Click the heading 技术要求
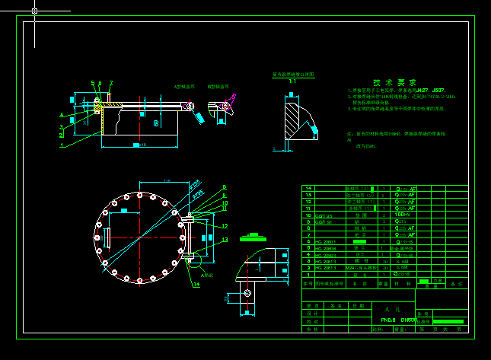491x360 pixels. (x=394, y=82)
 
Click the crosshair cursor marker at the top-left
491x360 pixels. (x=34, y=11)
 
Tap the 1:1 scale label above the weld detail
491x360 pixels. (x=292, y=81)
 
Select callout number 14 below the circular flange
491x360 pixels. (x=196, y=285)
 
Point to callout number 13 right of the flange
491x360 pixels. (x=225, y=240)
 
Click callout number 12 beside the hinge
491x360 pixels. (x=225, y=226)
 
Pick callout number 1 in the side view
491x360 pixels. (x=62, y=144)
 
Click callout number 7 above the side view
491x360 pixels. (x=110, y=83)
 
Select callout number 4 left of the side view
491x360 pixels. (x=62, y=116)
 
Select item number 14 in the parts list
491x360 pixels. (x=308, y=188)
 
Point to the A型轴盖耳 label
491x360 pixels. (x=184, y=87)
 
